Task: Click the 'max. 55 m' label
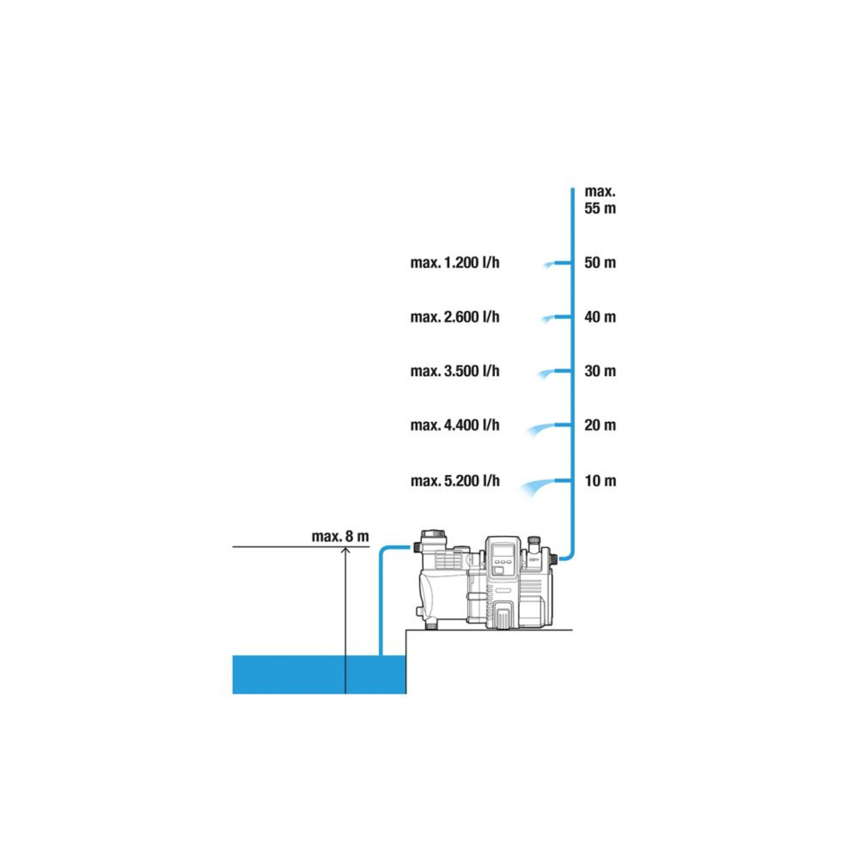click(600, 200)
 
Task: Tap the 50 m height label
click(600, 263)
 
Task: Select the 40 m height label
click(600, 317)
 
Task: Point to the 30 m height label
click(600, 371)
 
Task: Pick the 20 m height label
click(600, 425)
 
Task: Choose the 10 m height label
click(600, 481)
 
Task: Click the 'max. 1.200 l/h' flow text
click(455, 263)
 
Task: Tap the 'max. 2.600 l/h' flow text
click(455, 317)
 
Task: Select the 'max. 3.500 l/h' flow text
click(455, 371)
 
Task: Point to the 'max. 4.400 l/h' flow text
click(455, 425)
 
